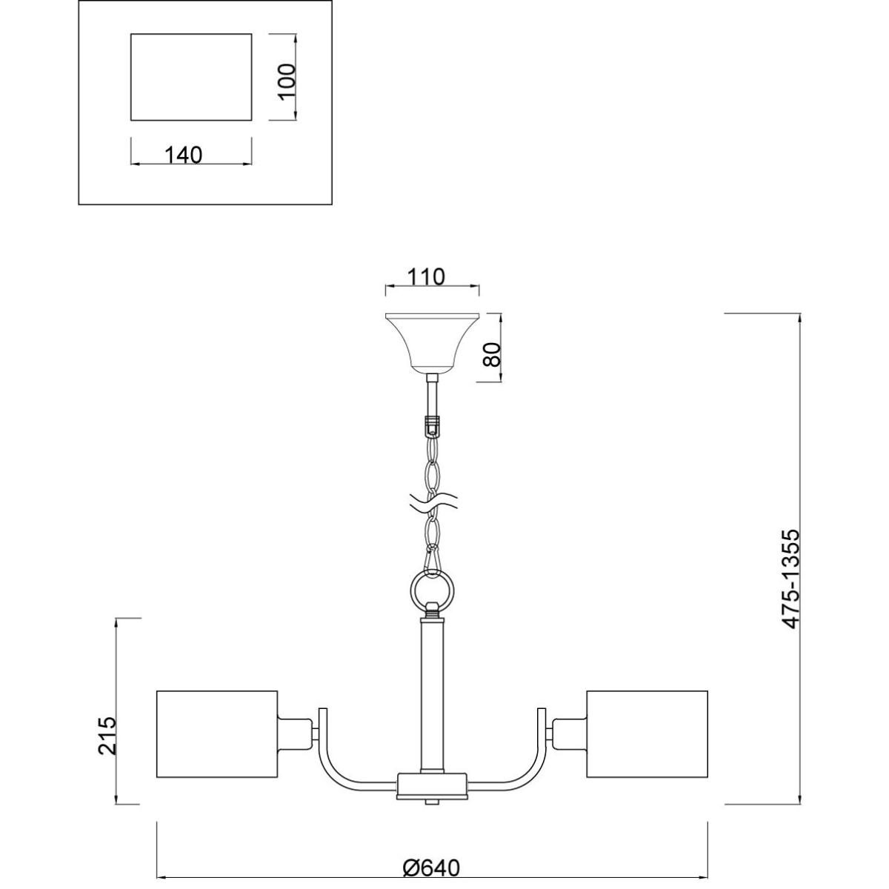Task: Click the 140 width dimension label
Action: tap(183, 155)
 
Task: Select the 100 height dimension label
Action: tap(287, 82)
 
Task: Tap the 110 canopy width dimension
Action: tap(426, 277)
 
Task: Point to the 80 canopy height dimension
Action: tap(493, 354)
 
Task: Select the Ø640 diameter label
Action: tap(431, 856)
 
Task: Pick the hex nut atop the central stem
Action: tap(432, 610)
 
